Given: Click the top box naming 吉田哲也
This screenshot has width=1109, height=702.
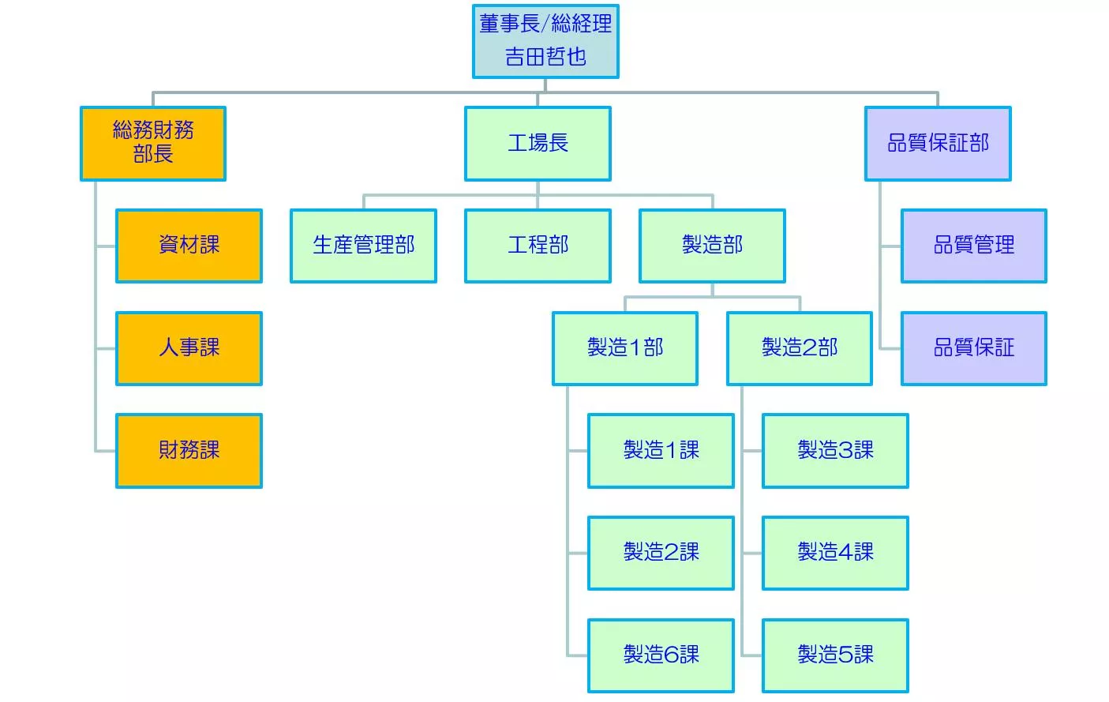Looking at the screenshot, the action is (x=545, y=41).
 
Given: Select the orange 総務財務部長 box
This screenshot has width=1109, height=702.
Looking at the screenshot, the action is (x=153, y=144).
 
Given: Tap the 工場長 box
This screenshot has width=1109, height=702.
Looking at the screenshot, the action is (x=538, y=144).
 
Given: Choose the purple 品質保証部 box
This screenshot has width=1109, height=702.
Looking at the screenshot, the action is (x=938, y=144).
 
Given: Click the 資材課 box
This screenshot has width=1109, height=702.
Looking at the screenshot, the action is (x=189, y=246).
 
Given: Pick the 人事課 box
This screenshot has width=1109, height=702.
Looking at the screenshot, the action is (x=189, y=348).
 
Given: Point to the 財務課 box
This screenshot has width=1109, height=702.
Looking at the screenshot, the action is (x=189, y=451).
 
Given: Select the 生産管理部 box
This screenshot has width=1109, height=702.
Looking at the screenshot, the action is (x=363, y=246).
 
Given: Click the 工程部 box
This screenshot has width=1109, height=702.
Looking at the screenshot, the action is (x=538, y=246).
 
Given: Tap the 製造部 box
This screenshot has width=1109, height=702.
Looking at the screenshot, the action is (x=713, y=246).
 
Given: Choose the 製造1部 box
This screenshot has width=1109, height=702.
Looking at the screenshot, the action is (x=625, y=348).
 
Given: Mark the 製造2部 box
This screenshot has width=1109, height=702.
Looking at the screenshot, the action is (x=800, y=348).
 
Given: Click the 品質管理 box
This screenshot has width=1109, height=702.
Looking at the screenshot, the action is (x=974, y=246).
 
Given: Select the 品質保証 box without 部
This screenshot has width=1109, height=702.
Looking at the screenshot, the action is (x=974, y=348).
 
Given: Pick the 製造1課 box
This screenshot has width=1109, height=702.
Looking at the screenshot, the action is (x=661, y=451).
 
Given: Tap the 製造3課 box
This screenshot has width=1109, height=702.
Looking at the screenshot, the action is (x=835, y=451).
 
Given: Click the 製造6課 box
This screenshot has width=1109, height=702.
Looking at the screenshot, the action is (x=661, y=655).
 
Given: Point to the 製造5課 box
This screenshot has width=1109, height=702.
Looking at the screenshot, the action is (x=835, y=655).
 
